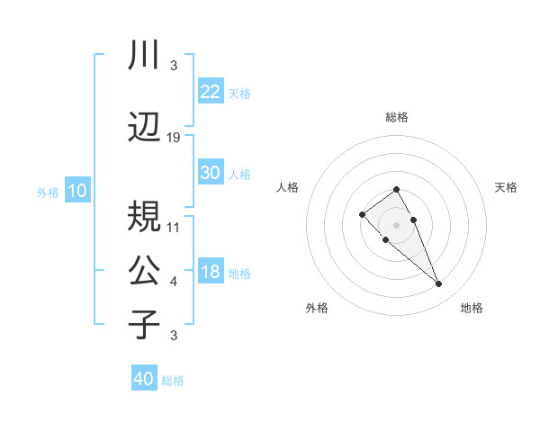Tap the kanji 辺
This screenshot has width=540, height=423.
(144, 128)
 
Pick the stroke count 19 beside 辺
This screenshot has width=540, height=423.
(174, 137)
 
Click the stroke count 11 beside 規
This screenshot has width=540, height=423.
(174, 227)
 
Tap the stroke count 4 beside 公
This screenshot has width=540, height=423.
(174, 282)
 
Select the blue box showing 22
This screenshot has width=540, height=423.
(211, 92)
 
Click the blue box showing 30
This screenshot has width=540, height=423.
(211, 173)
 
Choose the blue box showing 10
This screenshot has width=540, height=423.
(77, 191)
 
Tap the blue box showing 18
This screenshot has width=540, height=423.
(211, 272)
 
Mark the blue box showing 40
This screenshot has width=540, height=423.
(144, 379)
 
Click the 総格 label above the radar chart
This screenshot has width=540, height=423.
(397, 117)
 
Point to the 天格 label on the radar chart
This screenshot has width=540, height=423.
(506, 187)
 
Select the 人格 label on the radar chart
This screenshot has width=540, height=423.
(288, 187)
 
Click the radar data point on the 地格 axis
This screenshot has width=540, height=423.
(439, 284)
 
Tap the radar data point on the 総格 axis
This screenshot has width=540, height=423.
(397, 189)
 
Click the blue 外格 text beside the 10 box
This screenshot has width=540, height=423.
(48, 192)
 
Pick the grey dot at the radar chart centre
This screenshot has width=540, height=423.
(397, 224)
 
